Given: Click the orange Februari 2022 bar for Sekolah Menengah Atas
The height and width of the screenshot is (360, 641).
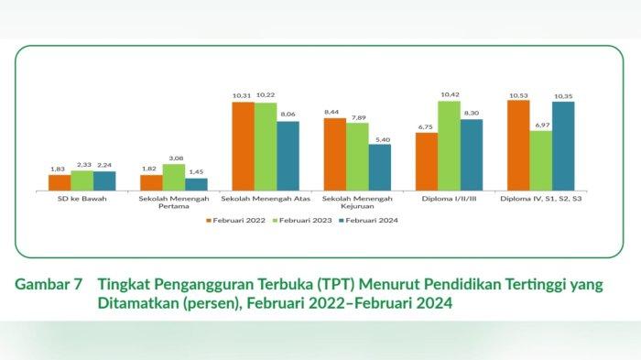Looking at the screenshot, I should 243,145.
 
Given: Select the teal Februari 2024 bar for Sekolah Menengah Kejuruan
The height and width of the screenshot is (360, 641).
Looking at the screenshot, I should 380,166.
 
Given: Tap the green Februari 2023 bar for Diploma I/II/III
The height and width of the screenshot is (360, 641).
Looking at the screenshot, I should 449,144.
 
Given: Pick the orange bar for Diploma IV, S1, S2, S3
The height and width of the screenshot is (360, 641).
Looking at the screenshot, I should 518,144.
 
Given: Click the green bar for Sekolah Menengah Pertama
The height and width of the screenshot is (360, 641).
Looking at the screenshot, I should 174,176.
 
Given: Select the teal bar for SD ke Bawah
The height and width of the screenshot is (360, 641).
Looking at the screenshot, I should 104,180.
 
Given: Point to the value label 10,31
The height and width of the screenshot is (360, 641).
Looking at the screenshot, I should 243,95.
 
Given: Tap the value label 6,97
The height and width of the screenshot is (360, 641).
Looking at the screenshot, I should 541,125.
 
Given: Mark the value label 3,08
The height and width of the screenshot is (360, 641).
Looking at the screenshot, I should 174,158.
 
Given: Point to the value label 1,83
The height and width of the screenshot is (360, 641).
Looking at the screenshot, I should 59,169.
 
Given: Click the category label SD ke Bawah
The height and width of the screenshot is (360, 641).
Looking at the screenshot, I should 81,198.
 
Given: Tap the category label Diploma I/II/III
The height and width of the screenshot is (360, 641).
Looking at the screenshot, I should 449,198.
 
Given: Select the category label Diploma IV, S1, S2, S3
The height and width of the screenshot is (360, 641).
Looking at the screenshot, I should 541,198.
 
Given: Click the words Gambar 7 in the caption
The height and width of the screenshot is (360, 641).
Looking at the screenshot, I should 46,285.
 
